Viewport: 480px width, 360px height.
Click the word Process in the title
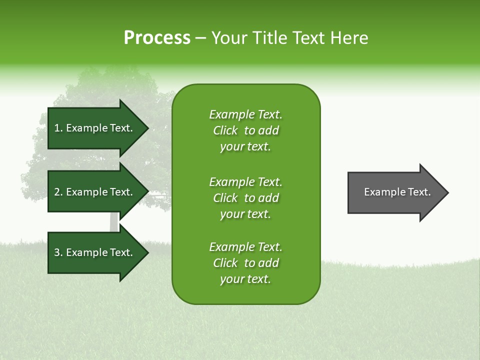tap(157, 38)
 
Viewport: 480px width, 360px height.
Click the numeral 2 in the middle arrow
tap(57, 192)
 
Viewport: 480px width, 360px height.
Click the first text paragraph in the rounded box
tap(245, 130)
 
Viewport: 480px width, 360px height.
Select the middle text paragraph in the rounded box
tap(245, 198)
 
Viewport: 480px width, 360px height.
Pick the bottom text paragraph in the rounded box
tap(245, 263)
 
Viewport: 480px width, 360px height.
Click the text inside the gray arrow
tap(397, 192)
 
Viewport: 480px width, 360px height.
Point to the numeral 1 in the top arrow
tap(57, 128)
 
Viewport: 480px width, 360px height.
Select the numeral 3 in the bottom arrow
tap(57, 252)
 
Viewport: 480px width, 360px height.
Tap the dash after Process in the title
tap(201, 38)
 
